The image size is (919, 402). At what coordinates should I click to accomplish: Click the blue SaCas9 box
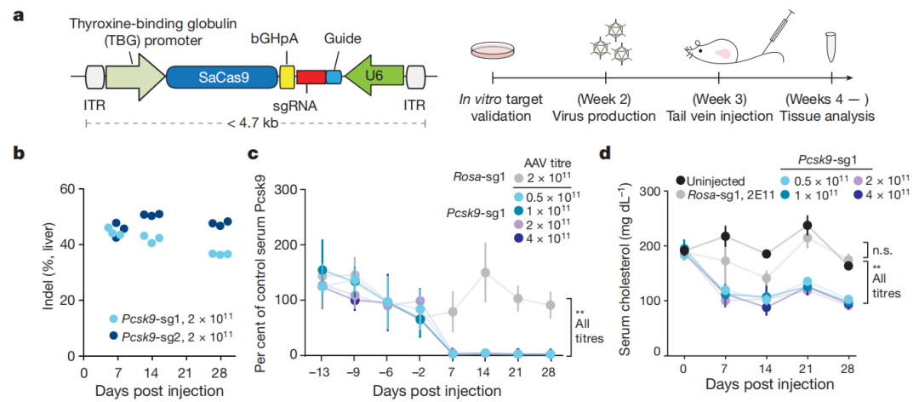pos(224,78)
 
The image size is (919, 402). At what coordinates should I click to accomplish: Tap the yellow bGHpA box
pos(287,77)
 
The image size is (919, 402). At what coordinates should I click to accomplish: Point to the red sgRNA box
pos(311,77)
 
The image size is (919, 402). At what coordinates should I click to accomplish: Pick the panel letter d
pos(605,154)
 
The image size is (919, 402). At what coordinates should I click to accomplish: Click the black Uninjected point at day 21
pos(806,225)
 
